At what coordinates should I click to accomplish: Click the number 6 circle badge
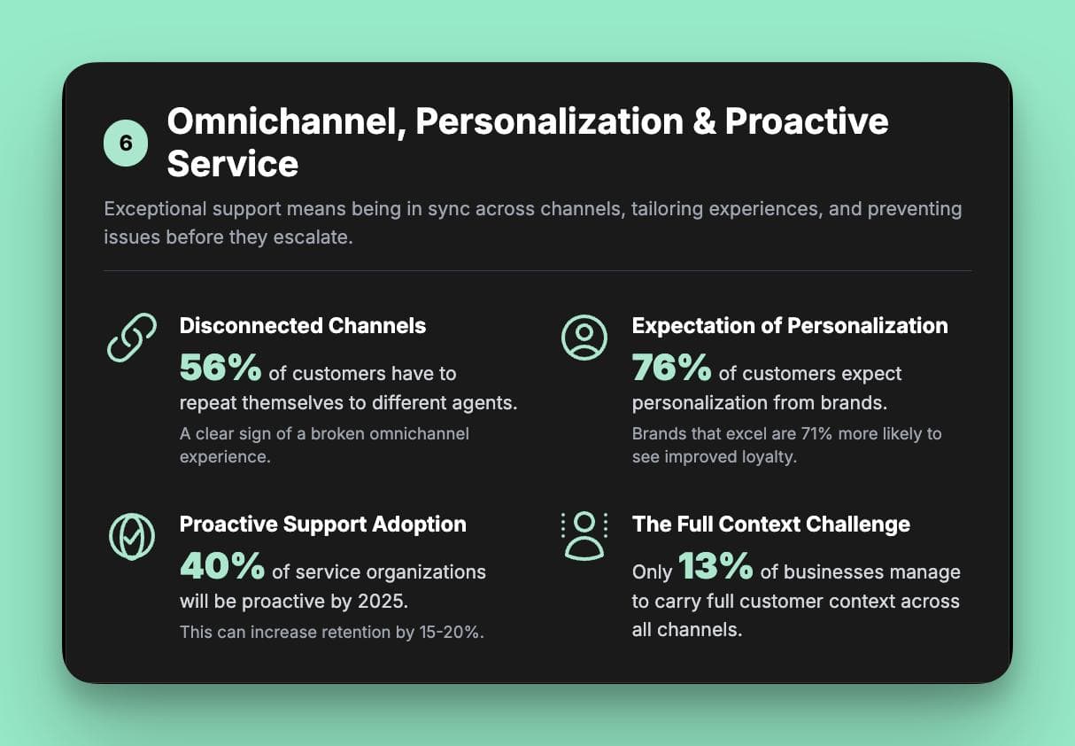click(x=126, y=144)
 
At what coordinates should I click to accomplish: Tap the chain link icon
click(x=132, y=338)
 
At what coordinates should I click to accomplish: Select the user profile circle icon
click(x=584, y=338)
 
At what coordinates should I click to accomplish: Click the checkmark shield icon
click(x=132, y=536)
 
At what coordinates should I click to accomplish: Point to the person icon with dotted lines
click(x=584, y=535)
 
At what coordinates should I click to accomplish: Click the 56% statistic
click(x=220, y=368)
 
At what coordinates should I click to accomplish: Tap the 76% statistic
click(x=672, y=368)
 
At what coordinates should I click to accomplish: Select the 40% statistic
click(x=222, y=566)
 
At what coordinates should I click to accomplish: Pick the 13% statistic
click(x=715, y=566)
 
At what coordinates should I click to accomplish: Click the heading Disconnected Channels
click(x=303, y=326)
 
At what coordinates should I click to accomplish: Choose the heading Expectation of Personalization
click(x=790, y=326)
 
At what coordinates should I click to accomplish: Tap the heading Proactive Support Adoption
click(x=322, y=525)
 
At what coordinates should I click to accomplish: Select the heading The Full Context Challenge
click(x=770, y=525)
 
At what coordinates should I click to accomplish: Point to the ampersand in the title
click(x=704, y=121)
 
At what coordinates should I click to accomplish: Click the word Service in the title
click(x=232, y=164)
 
